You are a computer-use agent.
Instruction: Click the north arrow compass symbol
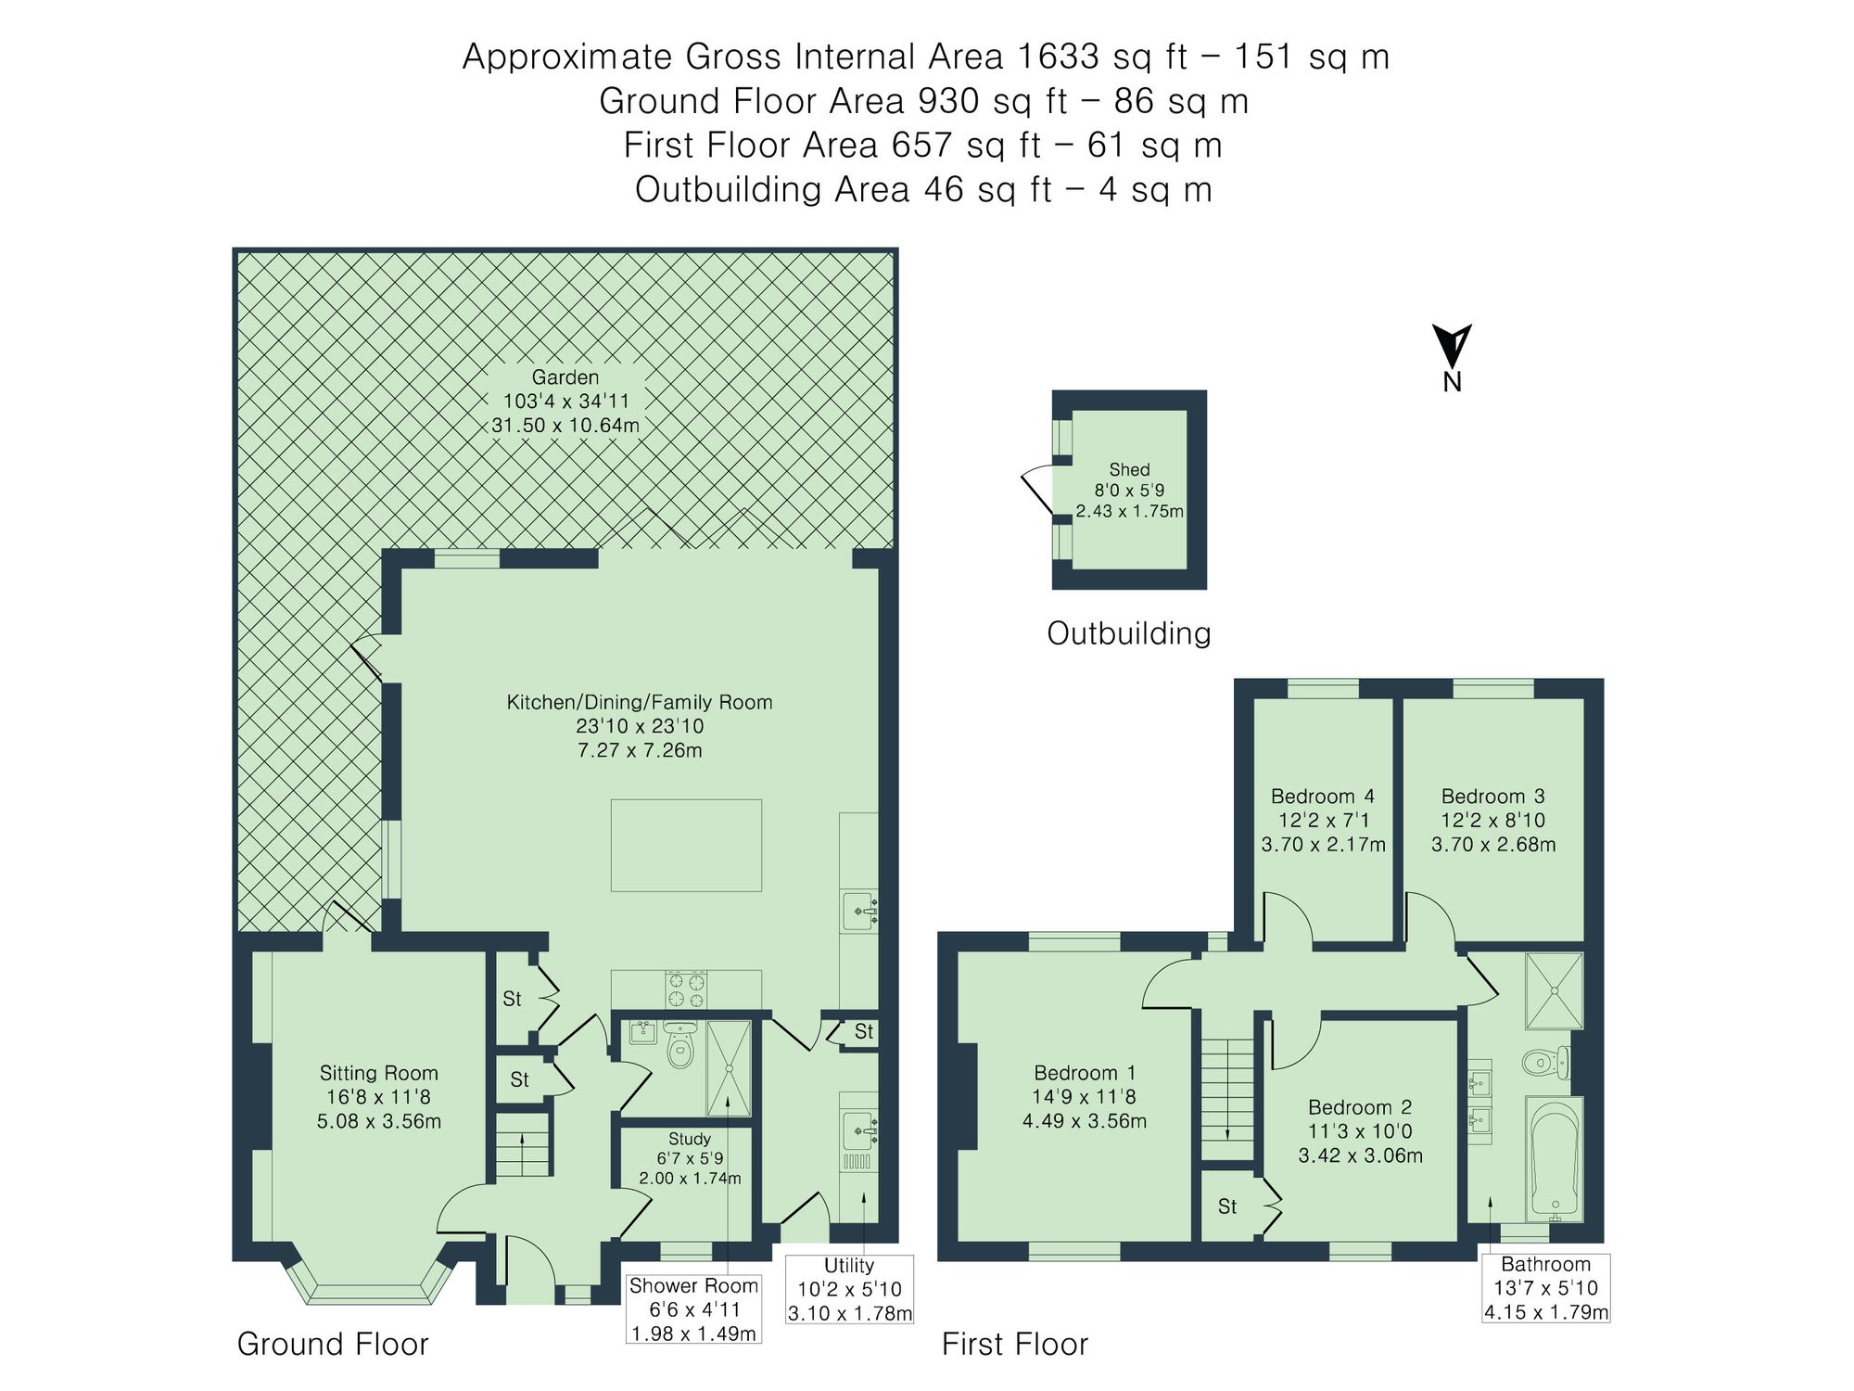click(x=1451, y=347)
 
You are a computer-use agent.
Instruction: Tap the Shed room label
click(x=1129, y=470)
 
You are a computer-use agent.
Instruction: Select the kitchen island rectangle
click(x=686, y=845)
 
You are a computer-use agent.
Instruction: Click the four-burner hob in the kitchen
click(x=686, y=989)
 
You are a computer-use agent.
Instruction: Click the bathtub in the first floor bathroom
click(x=1555, y=1159)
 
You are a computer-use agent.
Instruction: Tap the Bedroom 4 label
click(x=1323, y=797)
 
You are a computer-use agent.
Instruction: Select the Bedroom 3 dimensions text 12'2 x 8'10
click(x=1492, y=821)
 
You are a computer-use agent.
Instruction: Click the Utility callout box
click(x=849, y=1289)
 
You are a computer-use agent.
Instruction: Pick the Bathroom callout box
click(x=1545, y=1288)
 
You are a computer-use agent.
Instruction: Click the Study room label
click(x=690, y=1139)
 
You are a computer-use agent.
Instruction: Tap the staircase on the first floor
click(x=1228, y=1094)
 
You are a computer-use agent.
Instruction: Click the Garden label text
click(x=565, y=377)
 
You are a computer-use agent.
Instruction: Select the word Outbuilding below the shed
click(x=1129, y=633)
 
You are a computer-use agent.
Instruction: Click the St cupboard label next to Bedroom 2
click(x=1227, y=1206)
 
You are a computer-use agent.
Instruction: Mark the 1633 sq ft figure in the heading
click(x=1101, y=57)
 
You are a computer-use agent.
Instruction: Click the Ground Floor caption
click(x=333, y=1344)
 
